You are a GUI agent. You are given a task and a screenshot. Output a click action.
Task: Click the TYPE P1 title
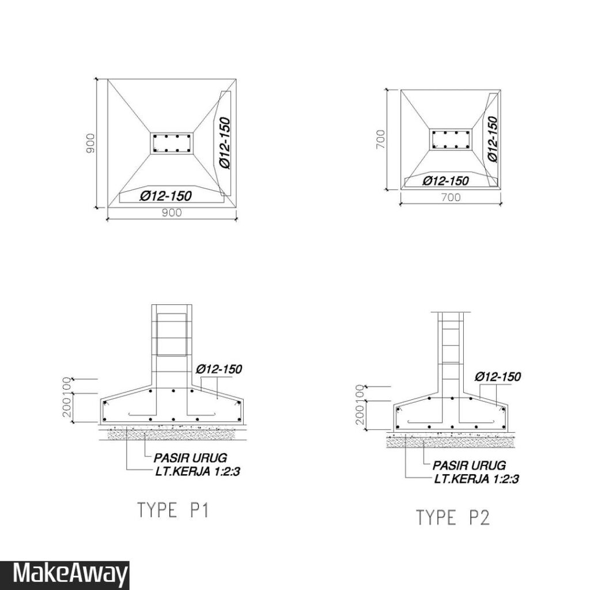[x=173, y=510]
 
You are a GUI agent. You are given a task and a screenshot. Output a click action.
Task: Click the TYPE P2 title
[x=453, y=517]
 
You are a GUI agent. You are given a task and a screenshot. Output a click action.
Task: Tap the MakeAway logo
[x=70, y=574]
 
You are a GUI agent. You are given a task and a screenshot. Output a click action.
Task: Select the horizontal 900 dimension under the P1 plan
[x=172, y=213]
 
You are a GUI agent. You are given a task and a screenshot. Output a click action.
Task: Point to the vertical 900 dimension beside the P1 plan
[x=90, y=143]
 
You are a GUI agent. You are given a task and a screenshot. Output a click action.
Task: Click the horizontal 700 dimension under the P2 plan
[x=451, y=197]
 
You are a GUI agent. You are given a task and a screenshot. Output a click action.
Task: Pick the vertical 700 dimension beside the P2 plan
[x=381, y=139]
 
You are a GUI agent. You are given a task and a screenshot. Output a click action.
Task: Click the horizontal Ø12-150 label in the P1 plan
[x=166, y=196]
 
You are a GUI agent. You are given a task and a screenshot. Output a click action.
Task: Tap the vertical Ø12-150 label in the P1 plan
[x=225, y=143]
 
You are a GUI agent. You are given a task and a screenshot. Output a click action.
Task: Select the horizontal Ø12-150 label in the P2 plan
[x=446, y=181]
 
